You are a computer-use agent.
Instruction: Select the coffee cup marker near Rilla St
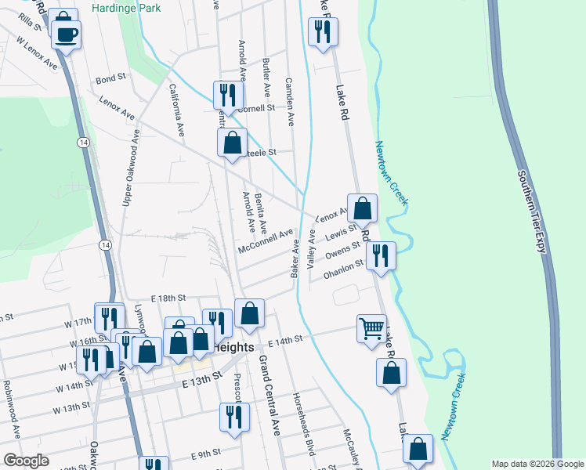point(67,34)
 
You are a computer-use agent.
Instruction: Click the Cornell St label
point(258,108)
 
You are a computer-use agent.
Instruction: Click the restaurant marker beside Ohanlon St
point(381,256)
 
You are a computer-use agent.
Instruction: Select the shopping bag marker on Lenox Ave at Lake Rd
point(362,209)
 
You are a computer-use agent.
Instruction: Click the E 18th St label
point(167,298)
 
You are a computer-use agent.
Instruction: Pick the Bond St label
point(110,79)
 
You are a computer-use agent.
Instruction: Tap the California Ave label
point(176,111)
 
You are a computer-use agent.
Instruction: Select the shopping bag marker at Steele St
point(232,144)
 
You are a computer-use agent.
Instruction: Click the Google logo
point(25,461)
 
